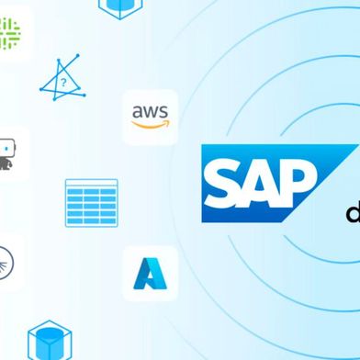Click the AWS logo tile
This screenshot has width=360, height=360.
(x=151, y=117)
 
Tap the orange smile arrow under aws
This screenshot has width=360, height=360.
(x=151, y=126)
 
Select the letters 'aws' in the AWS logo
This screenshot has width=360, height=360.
(x=150, y=113)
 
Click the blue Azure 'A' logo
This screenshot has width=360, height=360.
(x=151, y=273)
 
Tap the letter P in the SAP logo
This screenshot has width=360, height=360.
(x=291, y=182)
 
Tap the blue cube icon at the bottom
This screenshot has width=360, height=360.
(x=43, y=339)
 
